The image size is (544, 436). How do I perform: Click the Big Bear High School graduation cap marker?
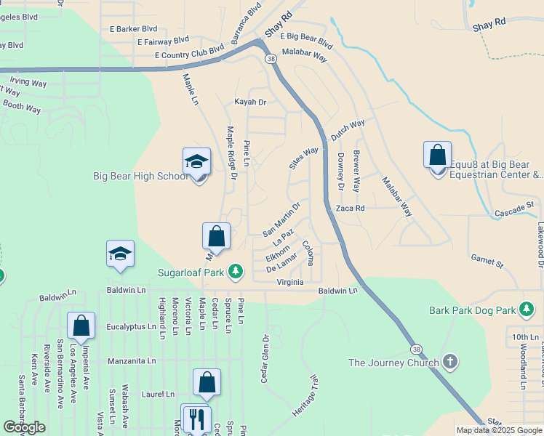tap(196, 162)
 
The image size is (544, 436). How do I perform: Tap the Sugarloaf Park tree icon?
tap(235, 272)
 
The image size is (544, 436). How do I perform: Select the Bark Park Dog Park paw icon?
tap(526, 310)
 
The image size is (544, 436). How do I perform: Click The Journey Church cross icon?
tap(450, 362)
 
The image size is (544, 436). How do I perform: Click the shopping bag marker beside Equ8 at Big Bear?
tap(437, 156)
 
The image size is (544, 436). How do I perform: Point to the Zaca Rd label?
tap(350, 208)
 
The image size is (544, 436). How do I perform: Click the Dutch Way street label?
tap(348, 129)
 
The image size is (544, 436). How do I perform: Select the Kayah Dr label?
tap(250, 102)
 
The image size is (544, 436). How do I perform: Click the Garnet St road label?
tap(487, 261)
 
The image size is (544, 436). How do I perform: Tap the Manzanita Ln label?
tap(132, 360)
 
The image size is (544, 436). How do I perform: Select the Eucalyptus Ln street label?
tap(132, 327)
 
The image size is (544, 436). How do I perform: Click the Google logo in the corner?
tap(25, 427)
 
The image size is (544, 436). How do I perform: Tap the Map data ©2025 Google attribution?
tap(499, 430)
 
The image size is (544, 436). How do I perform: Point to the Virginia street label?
tap(290, 281)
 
